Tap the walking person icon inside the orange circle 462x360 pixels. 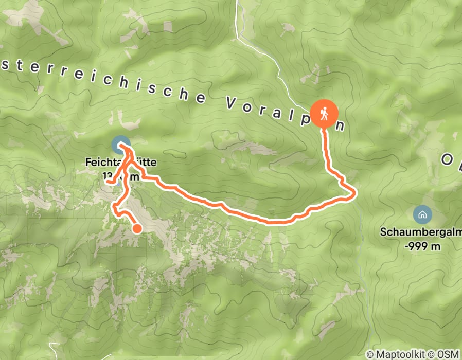coord(325,113)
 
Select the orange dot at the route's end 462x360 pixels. coord(137,229)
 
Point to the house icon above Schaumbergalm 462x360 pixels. coord(422,213)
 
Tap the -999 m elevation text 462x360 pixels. coord(422,246)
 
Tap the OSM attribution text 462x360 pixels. coord(447,354)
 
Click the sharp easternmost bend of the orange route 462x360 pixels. coord(354,194)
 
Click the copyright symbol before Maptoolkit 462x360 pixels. coord(370,354)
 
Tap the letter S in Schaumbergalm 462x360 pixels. coord(384,232)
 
